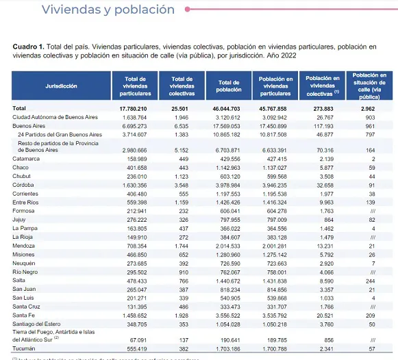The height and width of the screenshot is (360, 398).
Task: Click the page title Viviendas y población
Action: tap(108, 10)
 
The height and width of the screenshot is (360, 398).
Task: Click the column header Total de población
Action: tap(229, 86)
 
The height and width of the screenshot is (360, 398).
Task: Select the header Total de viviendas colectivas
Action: tap(182, 86)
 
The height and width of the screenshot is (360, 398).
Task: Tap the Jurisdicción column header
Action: tap(61, 86)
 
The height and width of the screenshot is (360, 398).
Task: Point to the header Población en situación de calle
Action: tap(369, 86)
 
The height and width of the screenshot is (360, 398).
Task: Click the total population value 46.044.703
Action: tap(229, 109)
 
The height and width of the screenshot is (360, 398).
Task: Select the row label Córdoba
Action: tap(24, 185)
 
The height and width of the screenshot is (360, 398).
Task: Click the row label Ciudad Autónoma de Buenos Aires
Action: tap(54, 118)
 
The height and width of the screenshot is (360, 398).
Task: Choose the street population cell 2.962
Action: tap(369, 109)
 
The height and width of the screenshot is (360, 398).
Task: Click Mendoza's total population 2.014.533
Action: tap(230, 245)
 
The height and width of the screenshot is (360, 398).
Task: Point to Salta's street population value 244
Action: tap(370, 281)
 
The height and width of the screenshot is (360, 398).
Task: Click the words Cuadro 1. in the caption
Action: tap(28, 45)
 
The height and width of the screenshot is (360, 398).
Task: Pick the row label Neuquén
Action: tap(25, 263)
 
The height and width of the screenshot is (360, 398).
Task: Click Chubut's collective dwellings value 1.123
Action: tap(181, 176)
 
